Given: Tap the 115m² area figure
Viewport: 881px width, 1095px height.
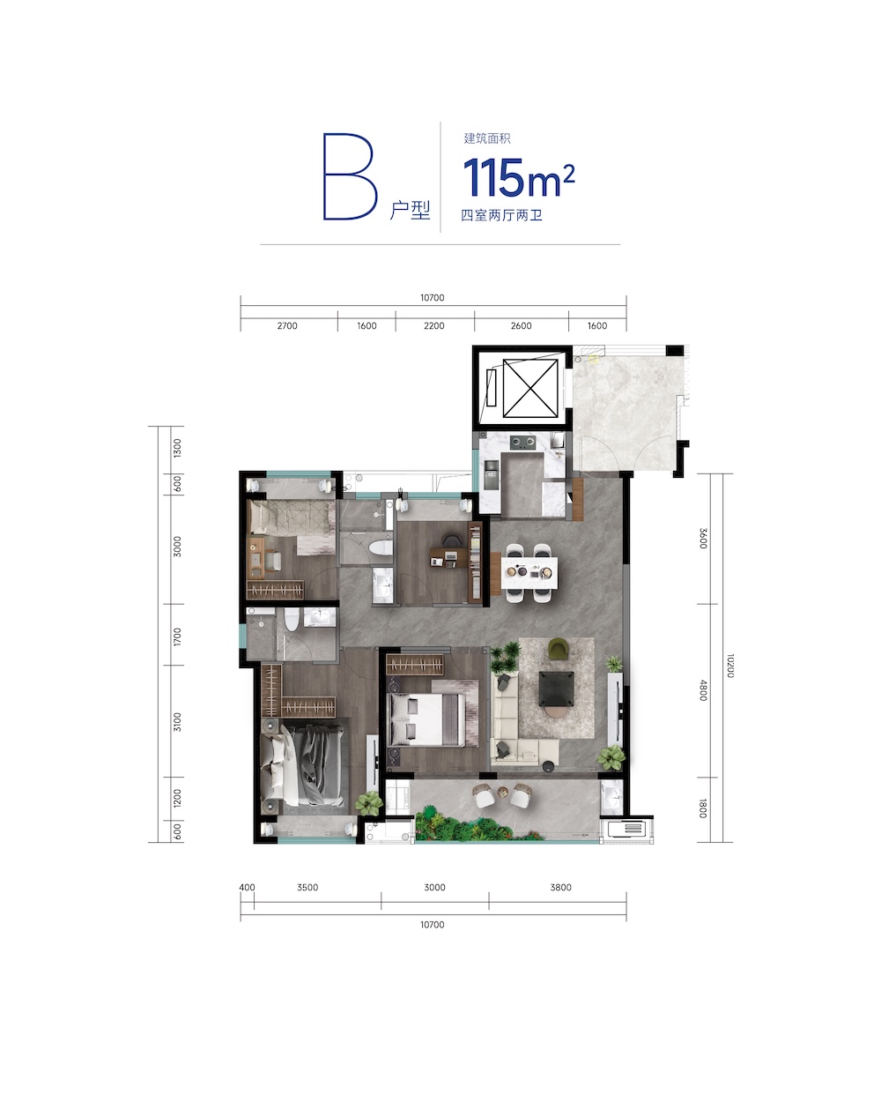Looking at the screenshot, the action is click(x=519, y=177).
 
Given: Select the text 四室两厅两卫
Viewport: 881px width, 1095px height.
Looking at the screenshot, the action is click(x=501, y=215).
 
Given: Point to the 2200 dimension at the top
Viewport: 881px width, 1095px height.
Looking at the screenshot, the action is click(x=433, y=325).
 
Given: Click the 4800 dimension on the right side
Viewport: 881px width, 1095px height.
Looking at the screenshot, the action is click(x=703, y=690).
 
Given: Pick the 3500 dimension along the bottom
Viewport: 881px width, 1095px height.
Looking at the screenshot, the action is click(x=307, y=888).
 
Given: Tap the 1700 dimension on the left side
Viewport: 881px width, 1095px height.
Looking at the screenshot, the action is click(x=177, y=637).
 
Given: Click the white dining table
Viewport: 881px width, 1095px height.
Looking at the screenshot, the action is click(x=529, y=572).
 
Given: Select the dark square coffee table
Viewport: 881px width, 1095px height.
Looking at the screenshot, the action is click(x=557, y=689).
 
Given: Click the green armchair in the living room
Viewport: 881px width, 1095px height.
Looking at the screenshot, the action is click(x=559, y=648).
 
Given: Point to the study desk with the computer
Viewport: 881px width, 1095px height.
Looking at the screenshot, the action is click(x=448, y=556).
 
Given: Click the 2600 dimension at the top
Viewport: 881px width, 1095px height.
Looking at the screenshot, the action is click(x=521, y=325).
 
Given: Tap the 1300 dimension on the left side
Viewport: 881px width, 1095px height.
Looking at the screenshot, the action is click(x=177, y=448).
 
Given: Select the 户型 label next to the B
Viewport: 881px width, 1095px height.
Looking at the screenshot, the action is click(x=410, y=210).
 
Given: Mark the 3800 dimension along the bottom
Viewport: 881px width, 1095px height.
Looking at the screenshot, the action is click(x=560, y=888).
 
